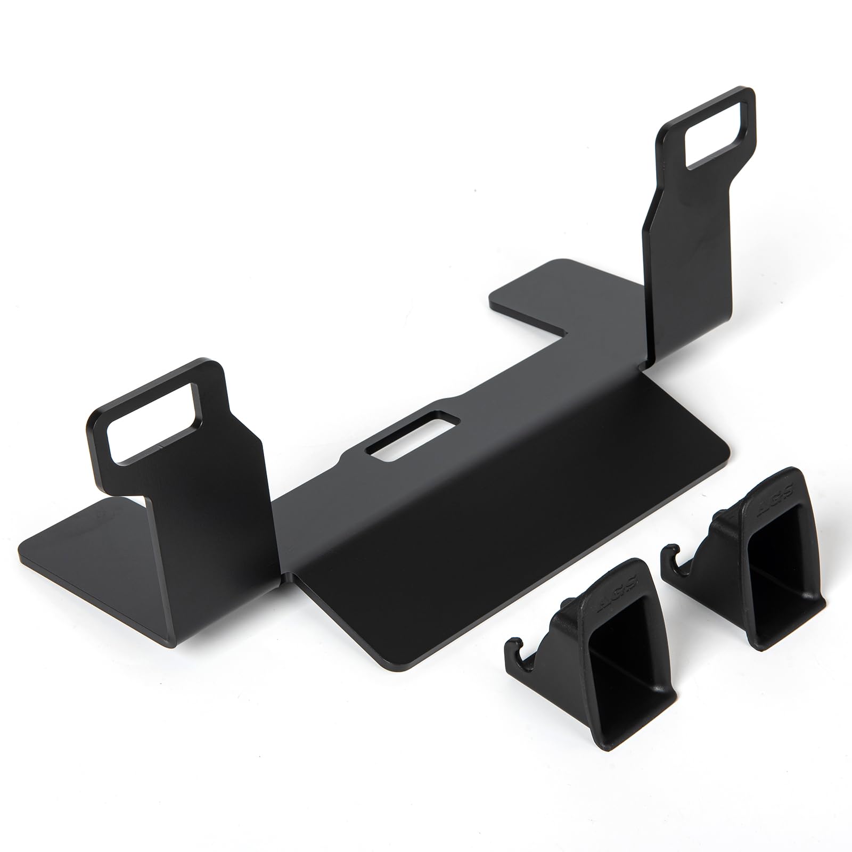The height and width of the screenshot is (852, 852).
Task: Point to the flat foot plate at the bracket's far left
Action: click(x=80, y=538)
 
